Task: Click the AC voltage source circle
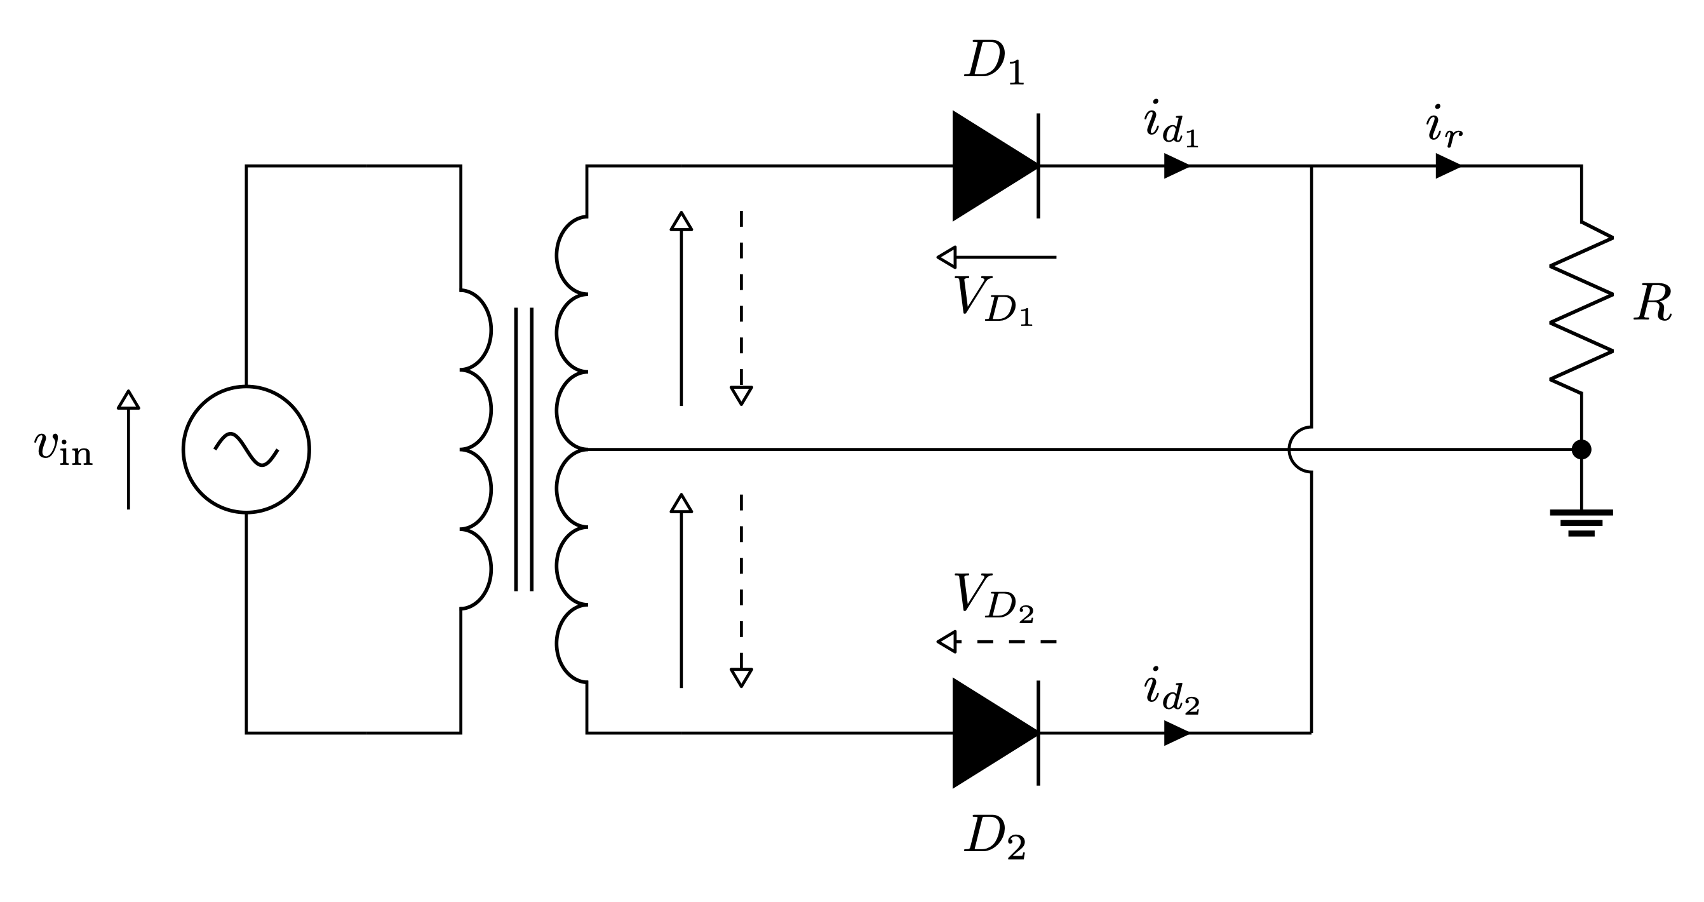246,449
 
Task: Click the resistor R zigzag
1581,307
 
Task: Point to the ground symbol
1581,522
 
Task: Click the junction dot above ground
1581,449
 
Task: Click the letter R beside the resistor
1653,304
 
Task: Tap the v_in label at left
64,448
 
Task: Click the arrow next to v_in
128,449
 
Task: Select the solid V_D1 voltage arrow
996,257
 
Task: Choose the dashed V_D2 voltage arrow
996,642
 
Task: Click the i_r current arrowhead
1447,165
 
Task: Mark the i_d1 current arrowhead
1176,165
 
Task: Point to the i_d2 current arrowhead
1176,732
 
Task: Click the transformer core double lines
524,449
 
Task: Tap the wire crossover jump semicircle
1299,449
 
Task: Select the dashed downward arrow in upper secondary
741,307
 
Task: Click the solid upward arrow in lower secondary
681,590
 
